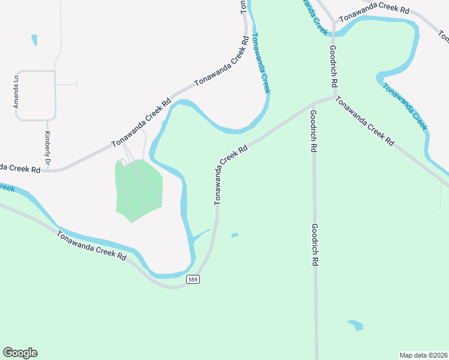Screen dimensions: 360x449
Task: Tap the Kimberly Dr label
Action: (47, 148)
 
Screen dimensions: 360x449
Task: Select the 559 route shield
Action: (192, 280)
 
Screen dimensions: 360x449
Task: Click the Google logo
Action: (20, 353)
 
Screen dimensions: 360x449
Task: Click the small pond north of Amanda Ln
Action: (34, 40)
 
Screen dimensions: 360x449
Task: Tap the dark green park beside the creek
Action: (138, 189)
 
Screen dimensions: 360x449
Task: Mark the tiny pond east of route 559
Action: (234, 235)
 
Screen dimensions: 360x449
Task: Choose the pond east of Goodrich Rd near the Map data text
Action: (356, 325)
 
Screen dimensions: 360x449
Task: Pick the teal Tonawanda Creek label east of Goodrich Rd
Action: (405, 106)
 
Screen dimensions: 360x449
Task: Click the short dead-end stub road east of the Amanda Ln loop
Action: (67, 85)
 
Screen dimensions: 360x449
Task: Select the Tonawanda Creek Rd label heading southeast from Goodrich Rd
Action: (364, 121)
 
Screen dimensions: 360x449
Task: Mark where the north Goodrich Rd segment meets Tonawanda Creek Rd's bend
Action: (334, 96)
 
